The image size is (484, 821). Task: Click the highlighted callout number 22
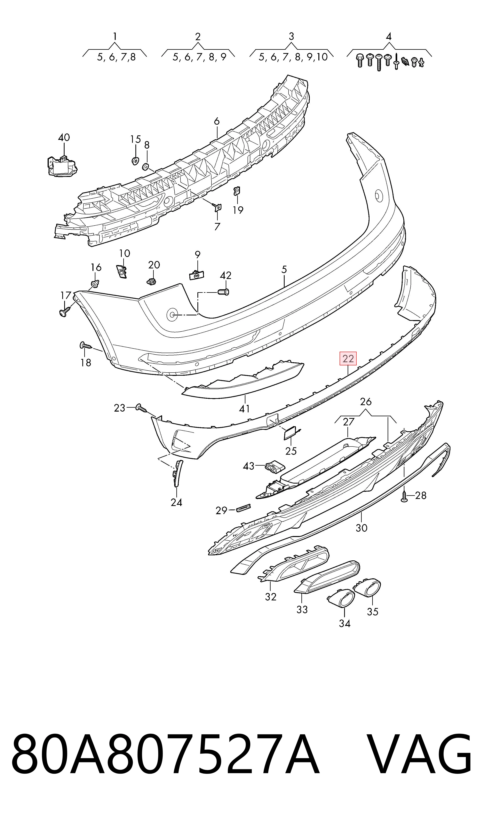[x=348, y=359]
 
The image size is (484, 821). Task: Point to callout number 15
[x=135, y=139]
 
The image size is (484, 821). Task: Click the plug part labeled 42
[x=224, y=291]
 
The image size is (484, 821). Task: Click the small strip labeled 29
[x=243, y=508]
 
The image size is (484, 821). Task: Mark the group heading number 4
[x=388, y=36]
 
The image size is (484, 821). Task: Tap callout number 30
[x=361, y=528]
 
